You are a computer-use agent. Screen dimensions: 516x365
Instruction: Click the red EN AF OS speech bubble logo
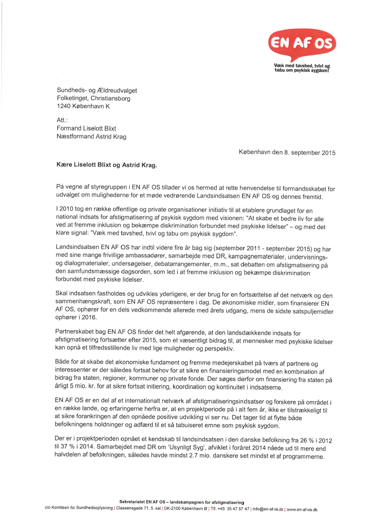(x=302, y=44)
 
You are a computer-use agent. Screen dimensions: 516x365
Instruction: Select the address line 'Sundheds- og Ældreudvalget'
(x=100, y=90)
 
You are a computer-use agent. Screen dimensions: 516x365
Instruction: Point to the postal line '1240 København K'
(x=83, y=106)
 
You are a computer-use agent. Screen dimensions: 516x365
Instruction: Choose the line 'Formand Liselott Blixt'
(x=87, y=128)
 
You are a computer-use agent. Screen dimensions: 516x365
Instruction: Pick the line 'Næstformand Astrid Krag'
(x=91, y=136)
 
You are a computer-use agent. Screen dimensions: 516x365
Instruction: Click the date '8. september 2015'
(x=309, y=153)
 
